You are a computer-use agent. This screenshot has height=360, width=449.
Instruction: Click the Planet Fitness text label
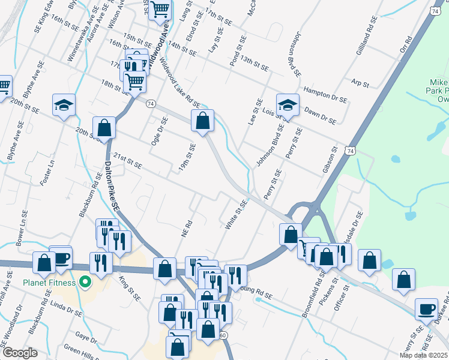[x=50, y=283]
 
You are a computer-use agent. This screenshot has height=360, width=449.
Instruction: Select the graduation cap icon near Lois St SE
[x=288, y=104]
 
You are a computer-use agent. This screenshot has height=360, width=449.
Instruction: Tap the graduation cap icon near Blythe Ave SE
[x=64, y=105]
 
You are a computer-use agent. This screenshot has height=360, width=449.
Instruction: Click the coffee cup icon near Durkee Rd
[x=426, y=310]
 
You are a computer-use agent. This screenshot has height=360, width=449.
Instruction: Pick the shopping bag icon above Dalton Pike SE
[x=104, y=127]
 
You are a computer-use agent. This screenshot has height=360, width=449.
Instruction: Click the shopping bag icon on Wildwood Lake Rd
[x=202, y=120]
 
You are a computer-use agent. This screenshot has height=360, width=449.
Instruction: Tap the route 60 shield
[x=224, y=334]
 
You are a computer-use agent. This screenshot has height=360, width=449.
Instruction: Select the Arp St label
[x=360, y=83]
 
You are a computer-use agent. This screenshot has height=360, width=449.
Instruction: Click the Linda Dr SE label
[x=67, y=311]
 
